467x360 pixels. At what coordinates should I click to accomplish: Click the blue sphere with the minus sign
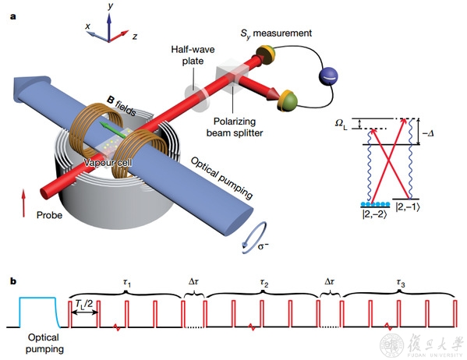point(328,76)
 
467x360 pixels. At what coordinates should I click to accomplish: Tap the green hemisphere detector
point(288,101)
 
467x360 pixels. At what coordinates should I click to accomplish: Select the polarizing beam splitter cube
point(232,76)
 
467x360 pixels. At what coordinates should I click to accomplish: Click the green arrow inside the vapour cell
point(112,129)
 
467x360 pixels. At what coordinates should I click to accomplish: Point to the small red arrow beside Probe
point(24,203)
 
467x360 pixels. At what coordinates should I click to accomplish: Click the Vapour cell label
point(108,163)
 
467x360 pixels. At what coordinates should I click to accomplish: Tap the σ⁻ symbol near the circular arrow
point(263,246)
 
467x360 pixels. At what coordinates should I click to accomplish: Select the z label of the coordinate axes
point(135,37)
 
